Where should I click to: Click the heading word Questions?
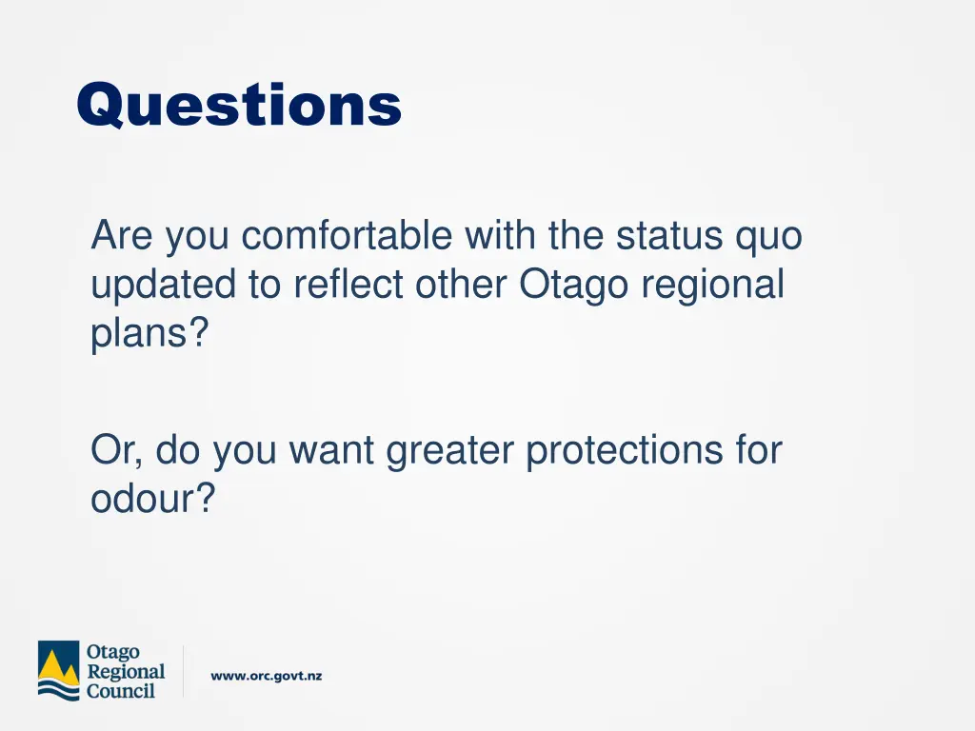point(239,105)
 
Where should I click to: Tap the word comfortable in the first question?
point(347,236)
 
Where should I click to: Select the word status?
point(670,236)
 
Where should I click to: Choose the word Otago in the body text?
point(573,285)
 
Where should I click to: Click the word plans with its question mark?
point(149,335)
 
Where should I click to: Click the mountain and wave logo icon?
point(59,671)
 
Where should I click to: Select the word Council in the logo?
point(121,691)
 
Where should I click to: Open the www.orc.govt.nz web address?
point(267,676)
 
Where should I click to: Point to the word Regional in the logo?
point(126,671)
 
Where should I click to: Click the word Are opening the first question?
point(123,236)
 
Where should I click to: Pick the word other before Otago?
point(463,285)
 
